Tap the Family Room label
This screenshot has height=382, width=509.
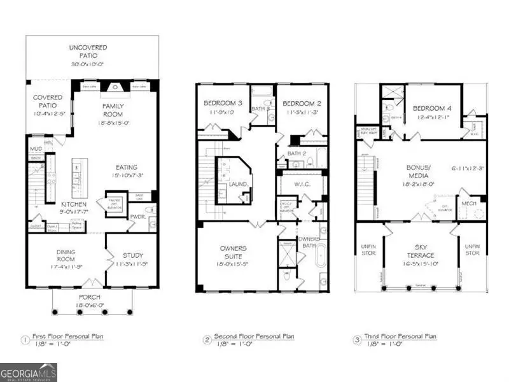point(113,110)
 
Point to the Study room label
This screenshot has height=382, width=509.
point(133,255)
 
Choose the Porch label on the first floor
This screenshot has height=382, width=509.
point(94,297)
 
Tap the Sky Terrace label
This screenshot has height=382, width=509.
point(421,254)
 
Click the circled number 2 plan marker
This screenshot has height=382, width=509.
point(206,340)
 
